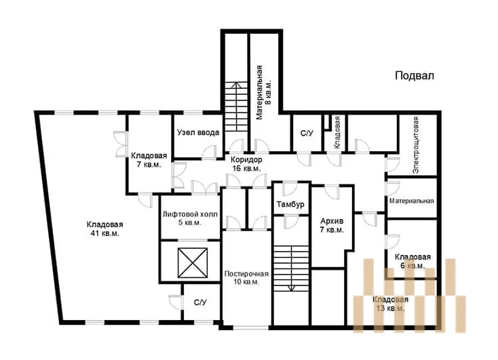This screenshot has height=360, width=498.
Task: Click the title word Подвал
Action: coord(415,76)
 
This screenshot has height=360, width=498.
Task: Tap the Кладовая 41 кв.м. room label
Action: coord(104,229)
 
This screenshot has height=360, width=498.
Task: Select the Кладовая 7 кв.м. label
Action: coord(149,160)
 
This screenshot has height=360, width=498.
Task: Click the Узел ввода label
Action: coord(198,132)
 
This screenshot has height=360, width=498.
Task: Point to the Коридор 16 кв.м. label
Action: coord(246,164)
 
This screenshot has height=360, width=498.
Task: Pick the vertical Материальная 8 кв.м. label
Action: coord(264,92)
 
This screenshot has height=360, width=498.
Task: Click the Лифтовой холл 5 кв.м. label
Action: coord(190,218)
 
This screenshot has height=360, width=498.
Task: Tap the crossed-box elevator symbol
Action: coord(193,263)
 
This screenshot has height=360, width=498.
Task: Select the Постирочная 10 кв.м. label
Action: coord(246,277)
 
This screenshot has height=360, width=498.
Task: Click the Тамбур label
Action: coord(290,204)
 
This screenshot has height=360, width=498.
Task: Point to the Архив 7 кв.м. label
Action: coord(332,225)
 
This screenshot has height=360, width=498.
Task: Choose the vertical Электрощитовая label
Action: coord(416,145)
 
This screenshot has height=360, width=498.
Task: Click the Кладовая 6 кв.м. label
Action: coord(413,261)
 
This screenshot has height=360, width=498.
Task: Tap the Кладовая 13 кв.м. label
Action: coord(390,304)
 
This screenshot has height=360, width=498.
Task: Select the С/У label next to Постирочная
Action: coord(200,302)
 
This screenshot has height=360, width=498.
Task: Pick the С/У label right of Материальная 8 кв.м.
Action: coord(307,134)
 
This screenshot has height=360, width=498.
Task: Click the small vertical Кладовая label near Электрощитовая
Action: coord(337,132)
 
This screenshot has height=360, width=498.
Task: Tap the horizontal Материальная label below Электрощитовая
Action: coord(412,201)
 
